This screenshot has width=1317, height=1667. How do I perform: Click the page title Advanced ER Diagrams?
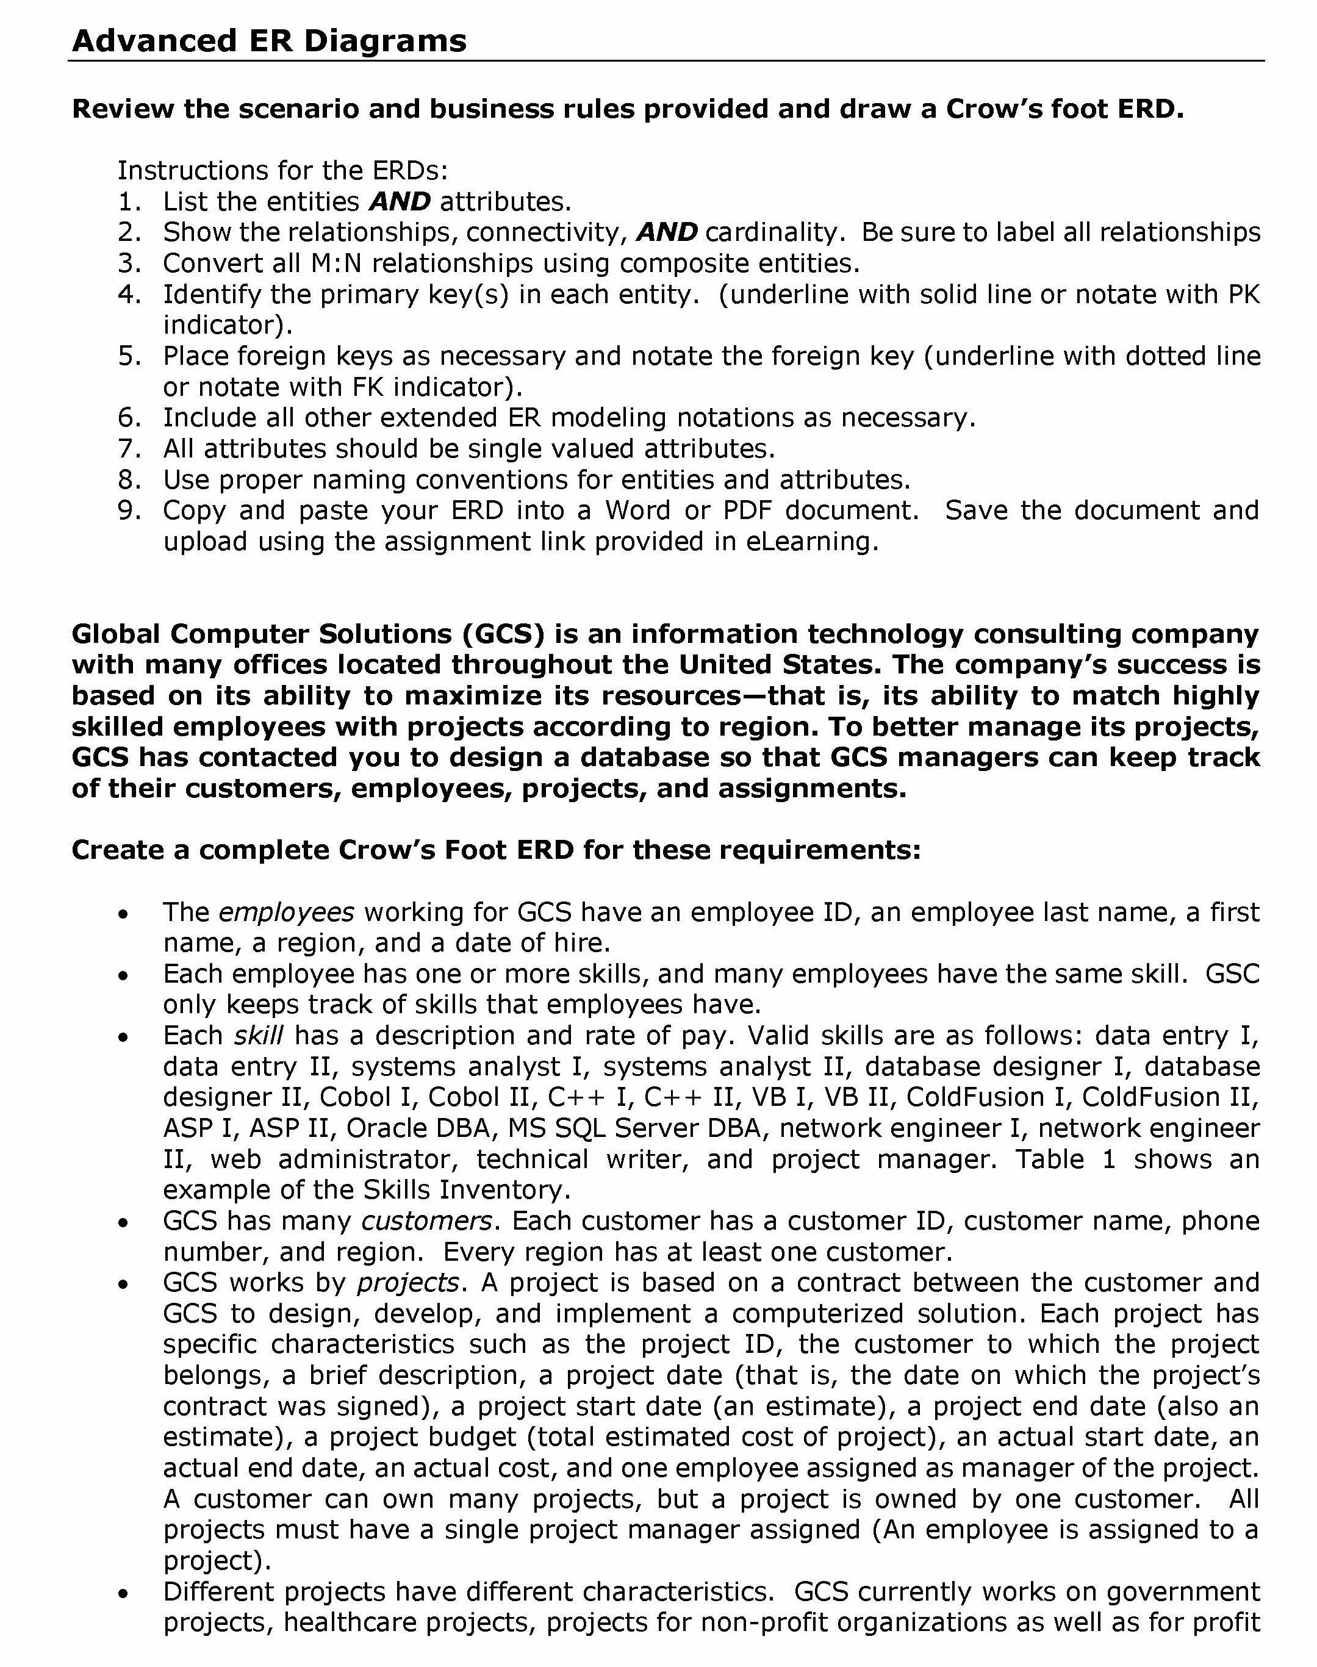[x=269, y=40]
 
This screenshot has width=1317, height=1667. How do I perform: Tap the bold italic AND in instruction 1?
[x=400, y=202]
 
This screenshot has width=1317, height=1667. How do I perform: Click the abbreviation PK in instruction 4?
[x=1244, y=295]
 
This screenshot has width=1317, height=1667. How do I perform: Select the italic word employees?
[x=286, y=912]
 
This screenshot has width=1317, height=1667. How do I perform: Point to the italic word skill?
[x=259, y=1036]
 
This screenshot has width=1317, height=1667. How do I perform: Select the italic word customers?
[x=426, y=1221]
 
